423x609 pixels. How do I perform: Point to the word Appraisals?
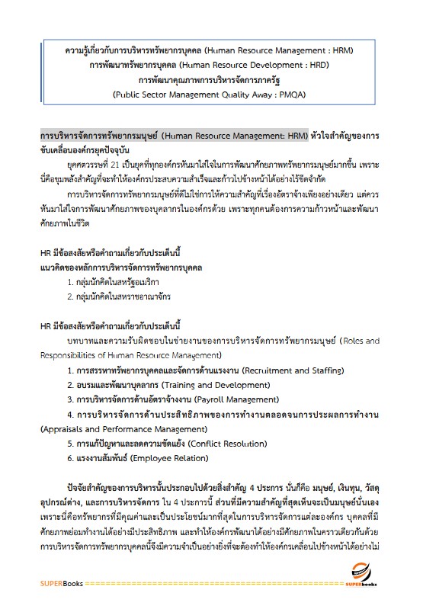pyautogui.click(x=65, y=428)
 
